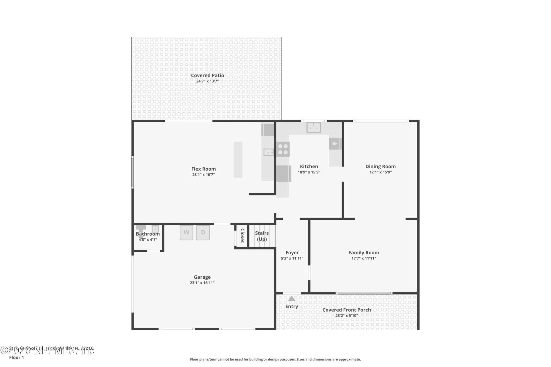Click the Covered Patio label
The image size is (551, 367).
click(x=207, y=75)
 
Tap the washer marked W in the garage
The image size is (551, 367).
click(x=186, y=233)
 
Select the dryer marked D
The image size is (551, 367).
click(x=203, y=233)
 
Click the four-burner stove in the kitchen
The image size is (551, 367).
click(x=283, y=149)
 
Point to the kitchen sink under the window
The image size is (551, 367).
click(x=314, y=128)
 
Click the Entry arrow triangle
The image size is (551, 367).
click(x=292, y=299)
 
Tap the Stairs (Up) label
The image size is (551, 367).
click(x=262, y=236)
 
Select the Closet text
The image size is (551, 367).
click(x=242, y=236)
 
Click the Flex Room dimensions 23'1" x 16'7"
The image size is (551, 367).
click(x=203, y=175)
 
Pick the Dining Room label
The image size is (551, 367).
click(x=380, y=166)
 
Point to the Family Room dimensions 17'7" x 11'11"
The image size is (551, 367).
click(x=364, y=258)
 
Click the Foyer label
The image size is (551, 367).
click(x=292, y=253)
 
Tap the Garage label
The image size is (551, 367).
click(x=202, y=277)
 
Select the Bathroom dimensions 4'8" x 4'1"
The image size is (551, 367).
click(x=148, y=240)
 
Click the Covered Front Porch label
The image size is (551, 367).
click(x=346, y=310)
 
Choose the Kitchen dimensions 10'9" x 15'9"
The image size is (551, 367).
click(x=309, y=172)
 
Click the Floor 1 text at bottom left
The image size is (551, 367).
click(x=16, y=358)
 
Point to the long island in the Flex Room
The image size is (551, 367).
click(x=238, y=159)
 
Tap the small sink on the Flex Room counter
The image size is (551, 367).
click(x=269, y=152)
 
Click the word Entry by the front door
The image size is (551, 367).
click(x=292, y=307)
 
